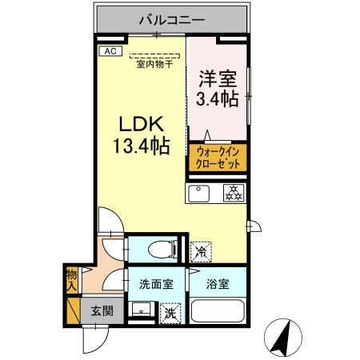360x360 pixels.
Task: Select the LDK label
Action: pos(142,126)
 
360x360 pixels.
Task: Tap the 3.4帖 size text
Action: pos(216,99)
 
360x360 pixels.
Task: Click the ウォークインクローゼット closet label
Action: pos(218,157)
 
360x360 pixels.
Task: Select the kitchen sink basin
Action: pos(198,193)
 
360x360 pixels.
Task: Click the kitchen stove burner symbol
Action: pos(234,193)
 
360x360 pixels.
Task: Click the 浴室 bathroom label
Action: pos(217,282)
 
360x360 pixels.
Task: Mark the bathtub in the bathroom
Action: pos(218,311)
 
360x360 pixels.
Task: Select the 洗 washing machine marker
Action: pos(170,311)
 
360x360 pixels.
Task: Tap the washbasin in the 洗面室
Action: pos(142,310)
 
